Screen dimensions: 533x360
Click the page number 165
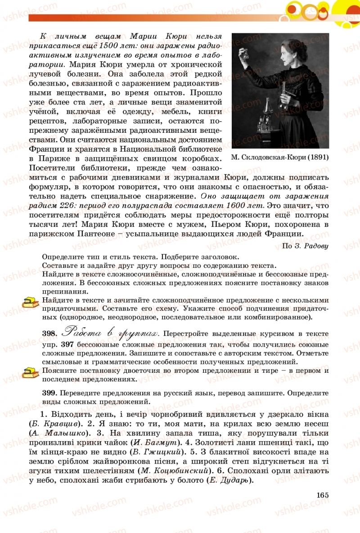point(323,495)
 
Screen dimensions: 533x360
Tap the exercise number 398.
point(48,334)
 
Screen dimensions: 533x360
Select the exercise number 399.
point(48,393)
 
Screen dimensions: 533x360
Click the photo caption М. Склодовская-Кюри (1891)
point(279,158)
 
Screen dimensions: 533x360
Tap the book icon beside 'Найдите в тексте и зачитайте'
point(31,303)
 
